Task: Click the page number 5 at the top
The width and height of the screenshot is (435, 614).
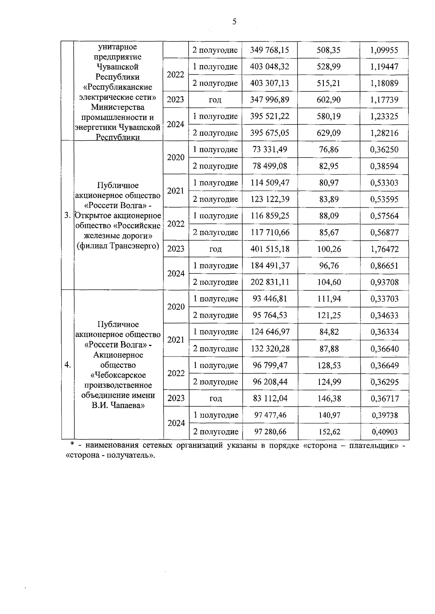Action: (x=234, y=22)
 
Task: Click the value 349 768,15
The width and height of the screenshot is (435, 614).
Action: (x=269, y=50)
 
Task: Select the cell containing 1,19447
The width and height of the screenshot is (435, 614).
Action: (x=384, y=67)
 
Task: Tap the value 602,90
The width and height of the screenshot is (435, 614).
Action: (x=328, y=100)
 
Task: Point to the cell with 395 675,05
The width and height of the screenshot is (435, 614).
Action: (x=270, y=133)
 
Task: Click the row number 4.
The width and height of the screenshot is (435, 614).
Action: (x=67, y=365)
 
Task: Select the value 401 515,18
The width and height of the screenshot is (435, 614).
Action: (x=270, y=249)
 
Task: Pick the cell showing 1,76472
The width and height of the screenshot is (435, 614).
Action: (x=384, y=249)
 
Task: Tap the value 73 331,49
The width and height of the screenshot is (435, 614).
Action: (x=270, y=150)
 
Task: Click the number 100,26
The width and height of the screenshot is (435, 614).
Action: (x=328, y=249)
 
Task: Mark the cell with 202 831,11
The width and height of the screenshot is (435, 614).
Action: (x=270, y=282)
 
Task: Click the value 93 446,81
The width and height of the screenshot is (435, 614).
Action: (x=270, y=299)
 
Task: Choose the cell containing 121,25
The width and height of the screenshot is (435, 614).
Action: (x=328, y=315)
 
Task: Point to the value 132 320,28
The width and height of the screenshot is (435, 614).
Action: (x=270, y=349)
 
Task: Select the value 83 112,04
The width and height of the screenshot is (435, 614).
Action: (x=270, y=398)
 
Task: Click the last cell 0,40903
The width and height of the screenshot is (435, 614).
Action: (x=384, y=432)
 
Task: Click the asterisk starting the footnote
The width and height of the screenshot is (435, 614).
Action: (x=72, y=445)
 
